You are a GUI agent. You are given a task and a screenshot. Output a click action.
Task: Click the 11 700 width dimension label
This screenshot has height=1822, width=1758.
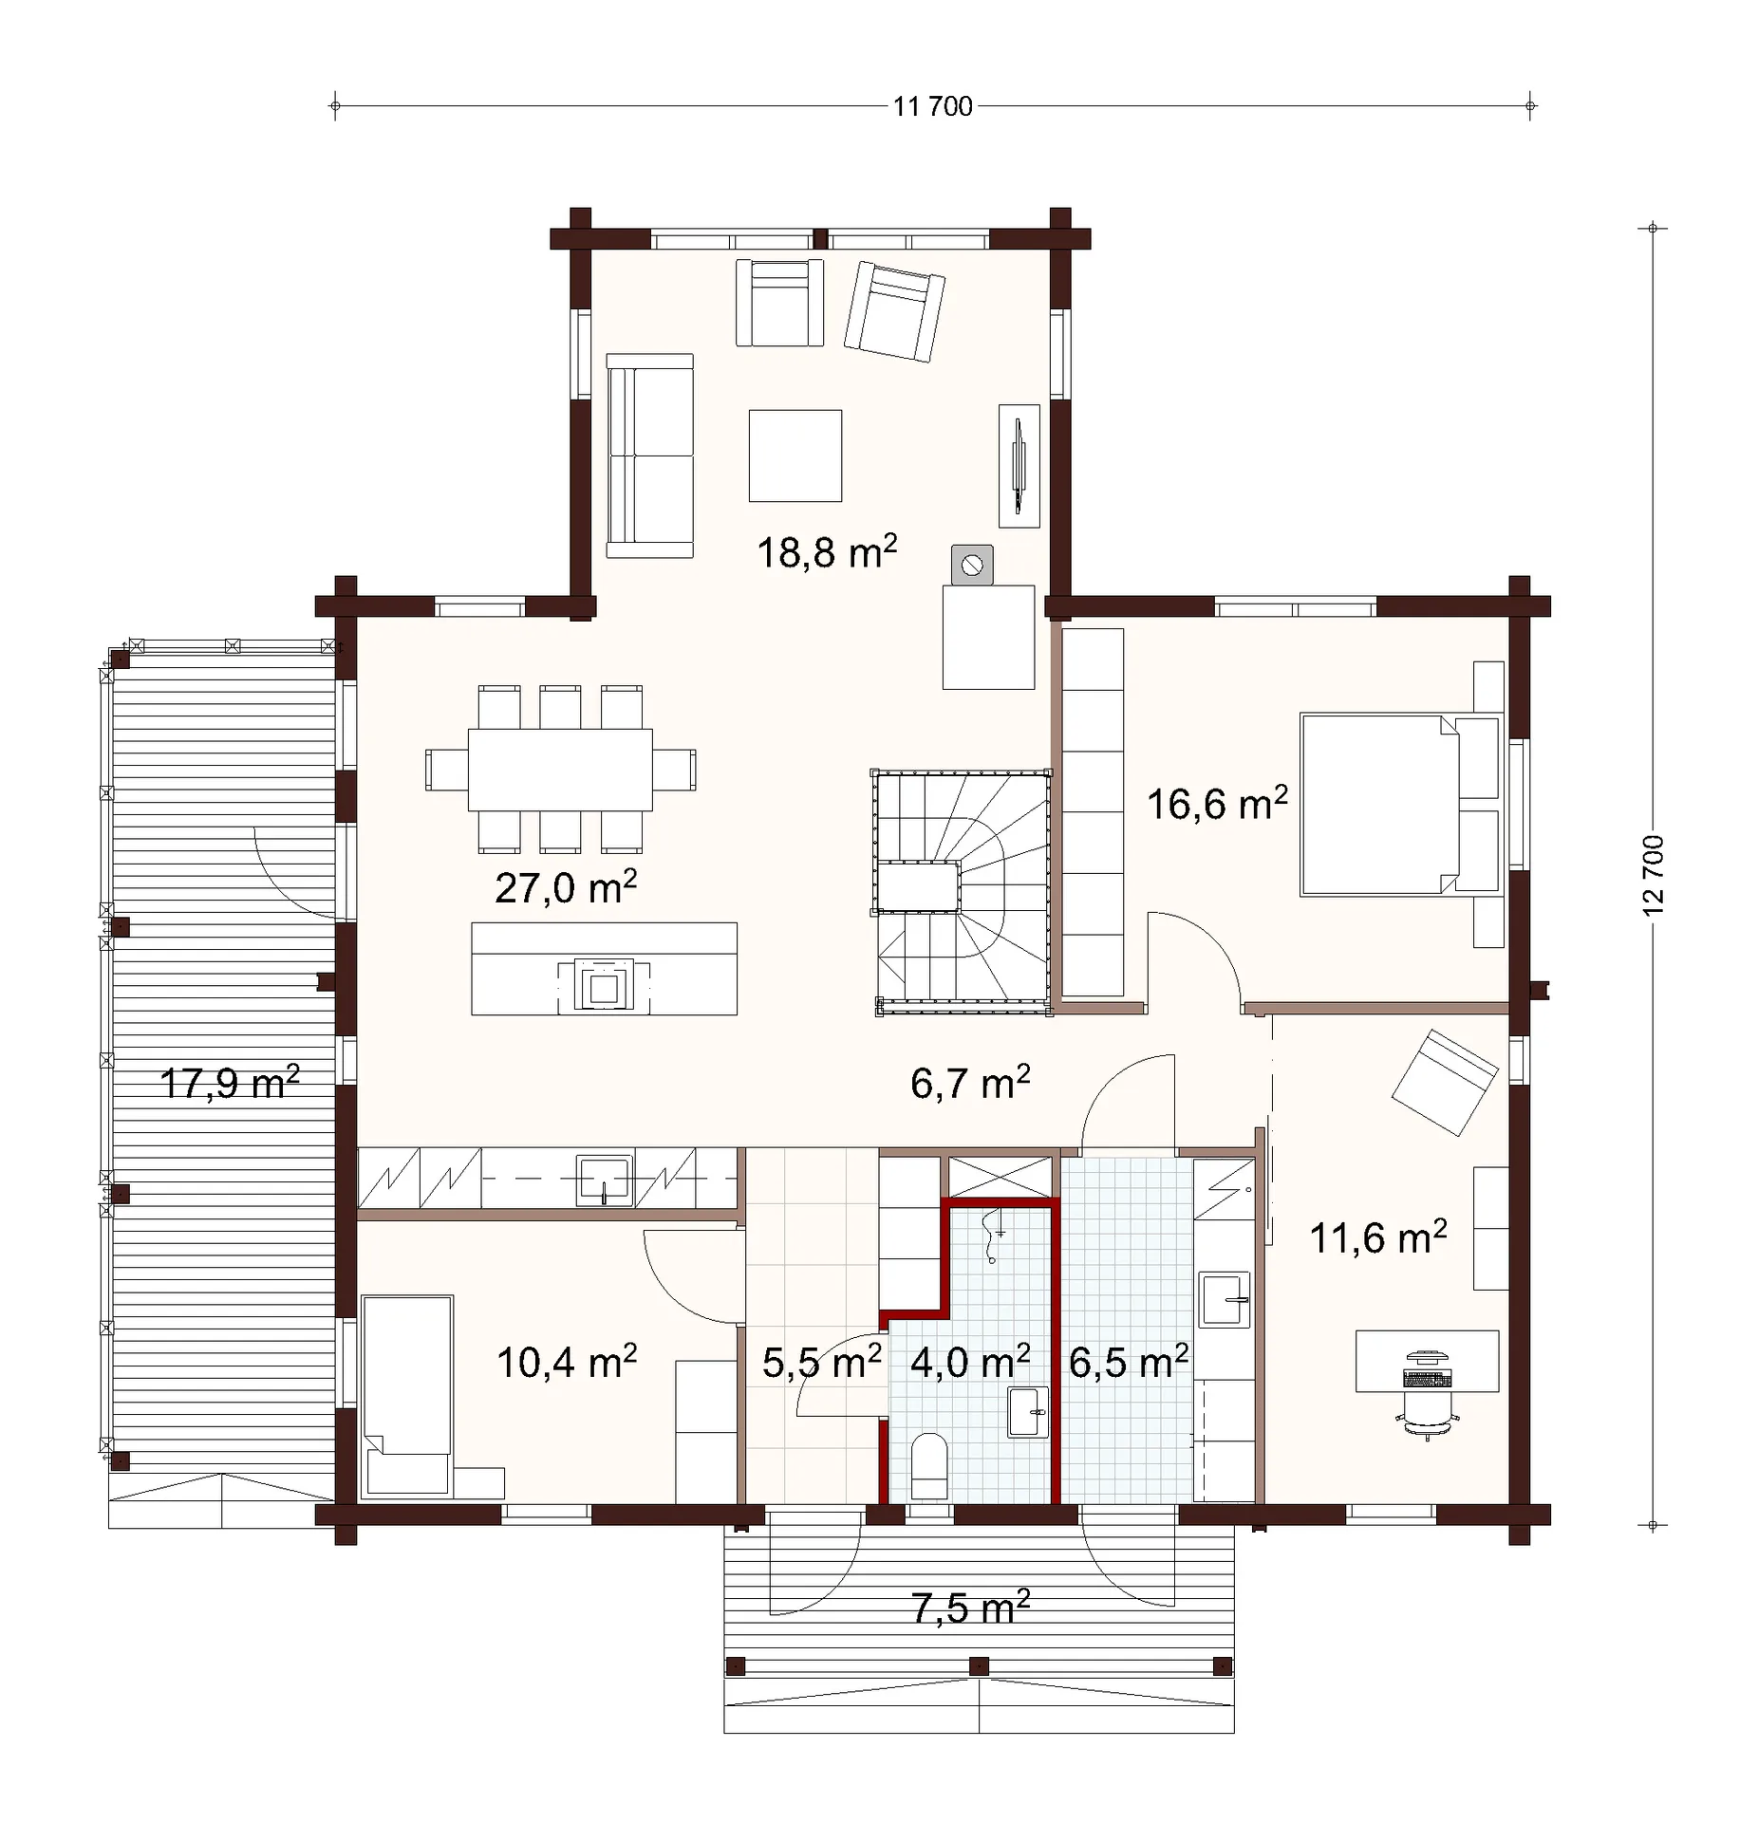point(932,106)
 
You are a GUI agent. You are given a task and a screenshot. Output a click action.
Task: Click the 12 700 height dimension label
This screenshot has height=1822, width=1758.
point(1653,875)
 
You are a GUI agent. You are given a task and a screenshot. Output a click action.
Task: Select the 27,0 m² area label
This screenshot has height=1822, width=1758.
point(566,888)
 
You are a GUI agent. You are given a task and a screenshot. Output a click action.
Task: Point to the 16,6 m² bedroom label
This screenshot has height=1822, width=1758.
point(1217,804)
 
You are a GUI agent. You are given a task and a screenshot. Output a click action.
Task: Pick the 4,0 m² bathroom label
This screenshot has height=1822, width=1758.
point(970,1362)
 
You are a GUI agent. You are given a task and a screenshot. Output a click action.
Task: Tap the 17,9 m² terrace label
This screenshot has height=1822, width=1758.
point(230,1083)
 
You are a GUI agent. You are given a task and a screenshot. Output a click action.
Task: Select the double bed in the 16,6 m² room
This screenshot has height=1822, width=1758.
point(1400,805)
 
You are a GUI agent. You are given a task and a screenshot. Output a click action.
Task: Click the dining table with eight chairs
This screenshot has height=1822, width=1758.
point(560,770)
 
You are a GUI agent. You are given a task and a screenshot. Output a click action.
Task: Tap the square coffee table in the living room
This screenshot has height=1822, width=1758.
point(795,455)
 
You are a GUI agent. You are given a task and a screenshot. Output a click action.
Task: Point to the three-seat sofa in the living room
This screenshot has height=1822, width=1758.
point(650,455)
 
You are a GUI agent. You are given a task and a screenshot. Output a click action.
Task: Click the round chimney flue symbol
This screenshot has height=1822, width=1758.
point(972,566)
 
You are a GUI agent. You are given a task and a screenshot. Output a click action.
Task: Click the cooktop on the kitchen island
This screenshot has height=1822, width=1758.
point(604,987)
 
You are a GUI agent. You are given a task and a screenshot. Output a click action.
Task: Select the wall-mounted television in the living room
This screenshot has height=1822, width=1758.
point(1019,465)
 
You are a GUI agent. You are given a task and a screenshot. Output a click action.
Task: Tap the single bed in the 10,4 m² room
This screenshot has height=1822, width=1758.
point(407,1396)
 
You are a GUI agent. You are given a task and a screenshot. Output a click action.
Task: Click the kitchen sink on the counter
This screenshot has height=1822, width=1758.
point(605,1181)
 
